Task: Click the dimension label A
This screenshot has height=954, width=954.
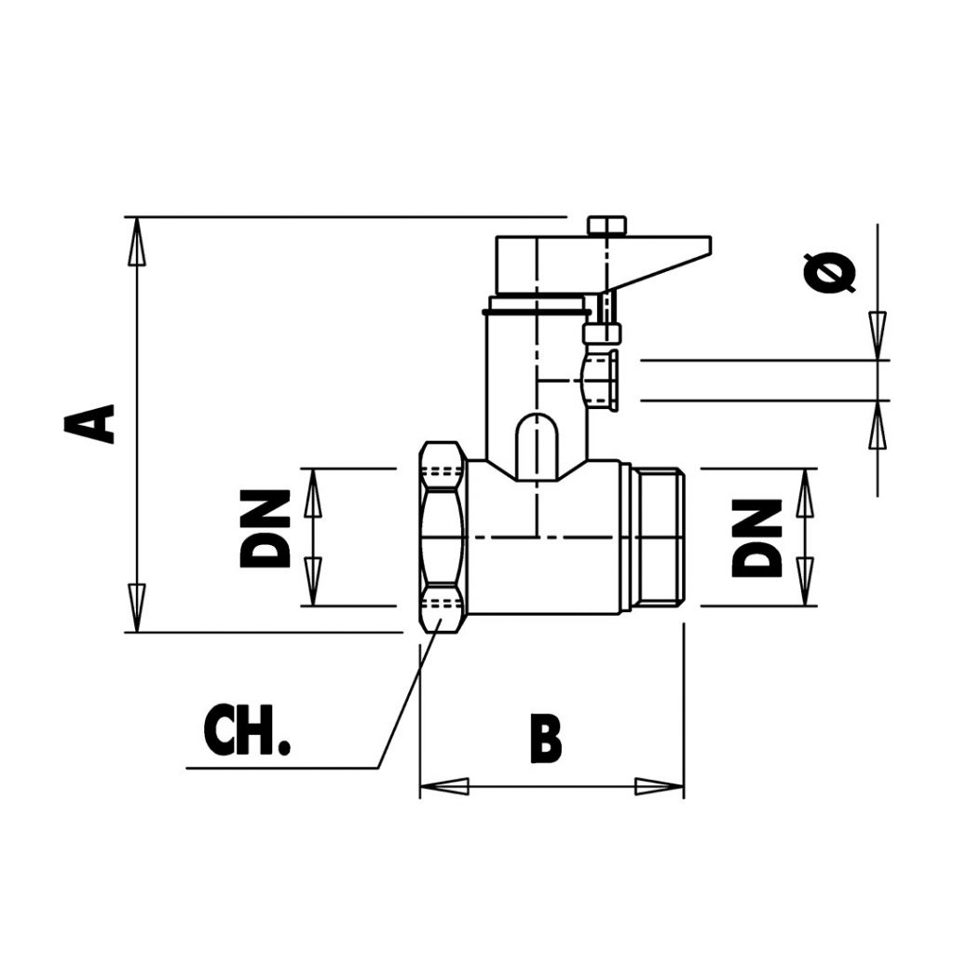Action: pos(90,424)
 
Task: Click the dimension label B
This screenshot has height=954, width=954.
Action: pos(546,739)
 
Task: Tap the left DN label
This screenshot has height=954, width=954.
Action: pos(266,530)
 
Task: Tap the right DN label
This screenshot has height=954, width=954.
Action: pos(756,538)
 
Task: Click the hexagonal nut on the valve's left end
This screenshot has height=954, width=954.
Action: pos(443,538)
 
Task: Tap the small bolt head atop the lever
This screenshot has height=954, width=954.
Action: pos(606,225)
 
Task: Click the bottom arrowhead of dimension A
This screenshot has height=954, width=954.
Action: pos(137,607)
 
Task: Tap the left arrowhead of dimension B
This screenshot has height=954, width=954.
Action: pos(443,786)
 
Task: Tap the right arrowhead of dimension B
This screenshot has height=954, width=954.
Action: pos(660,786)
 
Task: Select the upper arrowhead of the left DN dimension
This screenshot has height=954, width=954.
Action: pos(313,494)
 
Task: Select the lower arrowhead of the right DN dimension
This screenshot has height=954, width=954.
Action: pos(806,581)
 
